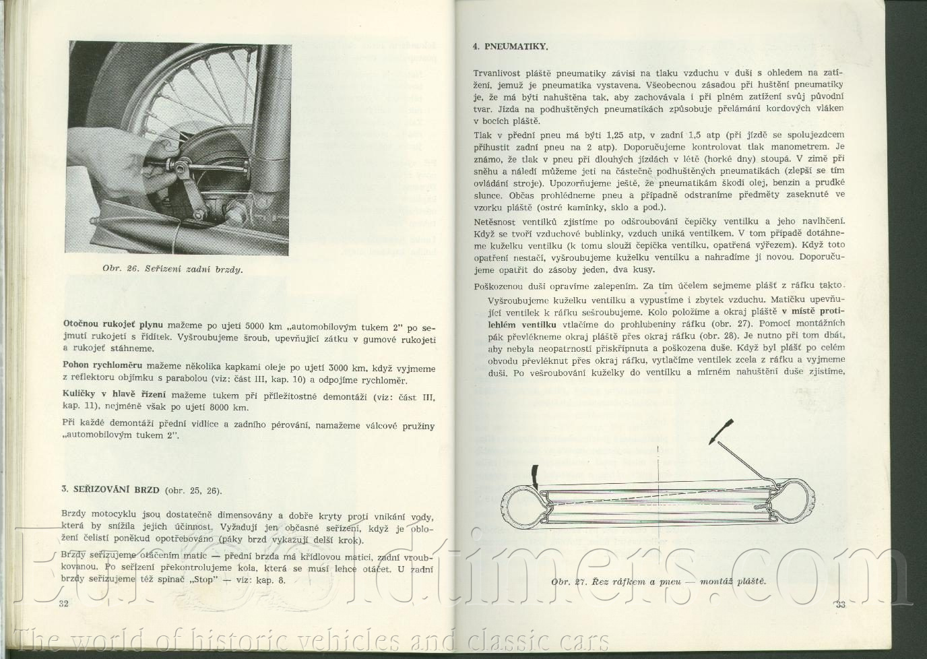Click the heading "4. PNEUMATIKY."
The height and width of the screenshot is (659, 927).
click(509, 46)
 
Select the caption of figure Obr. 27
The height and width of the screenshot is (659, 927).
click(658, 582)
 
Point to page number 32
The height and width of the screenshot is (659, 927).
click(65, 603)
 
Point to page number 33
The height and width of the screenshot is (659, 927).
click(840, 604)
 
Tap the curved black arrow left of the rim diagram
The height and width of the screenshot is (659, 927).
click(534, 475)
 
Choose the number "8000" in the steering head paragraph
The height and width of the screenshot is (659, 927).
click(203, 407)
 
